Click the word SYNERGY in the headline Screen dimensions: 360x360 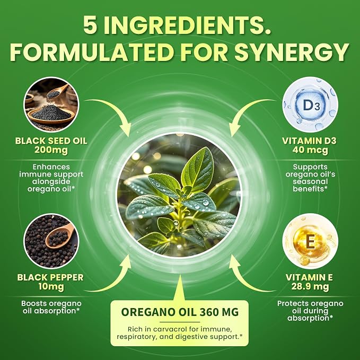pyautogui.click(x=292, y=52)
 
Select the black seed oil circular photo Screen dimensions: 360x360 pyautogui.click(x=51, y=104)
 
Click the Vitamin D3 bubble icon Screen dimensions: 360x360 pyautogui.click(x=310, y=104)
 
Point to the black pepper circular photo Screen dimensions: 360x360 pyautogui.click(x=51, y=241)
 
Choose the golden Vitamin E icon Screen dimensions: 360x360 pyautogui.click(x=310, y=241)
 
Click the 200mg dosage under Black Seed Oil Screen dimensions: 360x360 pyautogui.click(x=51, y=150)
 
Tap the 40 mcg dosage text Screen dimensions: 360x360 pyautogui.click(x=310, y=150)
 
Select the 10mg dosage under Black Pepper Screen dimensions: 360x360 pyautogui.click(x=51, y=286)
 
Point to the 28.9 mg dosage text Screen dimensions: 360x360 pyautogui.click(x=310, y=286)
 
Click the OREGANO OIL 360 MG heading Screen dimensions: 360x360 pyautogui.click(x=180, y=312)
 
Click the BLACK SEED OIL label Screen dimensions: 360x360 pyautogui.click(x=51, y=141)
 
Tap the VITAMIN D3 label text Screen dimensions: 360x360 pyautogui.click(x=309, y=141)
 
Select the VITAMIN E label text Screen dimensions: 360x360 pyautogui.click(x=309, y=277)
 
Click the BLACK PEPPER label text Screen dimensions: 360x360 pyautogui.click(x=50, y=277)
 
